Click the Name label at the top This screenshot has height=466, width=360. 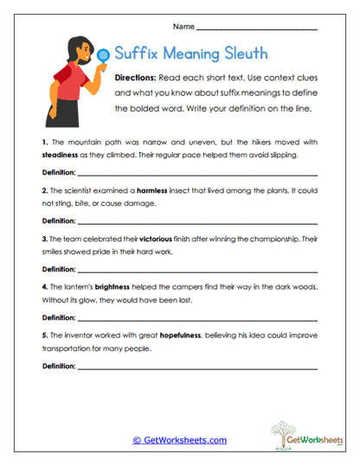pos(182,29)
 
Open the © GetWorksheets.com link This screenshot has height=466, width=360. pos(180,440)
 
